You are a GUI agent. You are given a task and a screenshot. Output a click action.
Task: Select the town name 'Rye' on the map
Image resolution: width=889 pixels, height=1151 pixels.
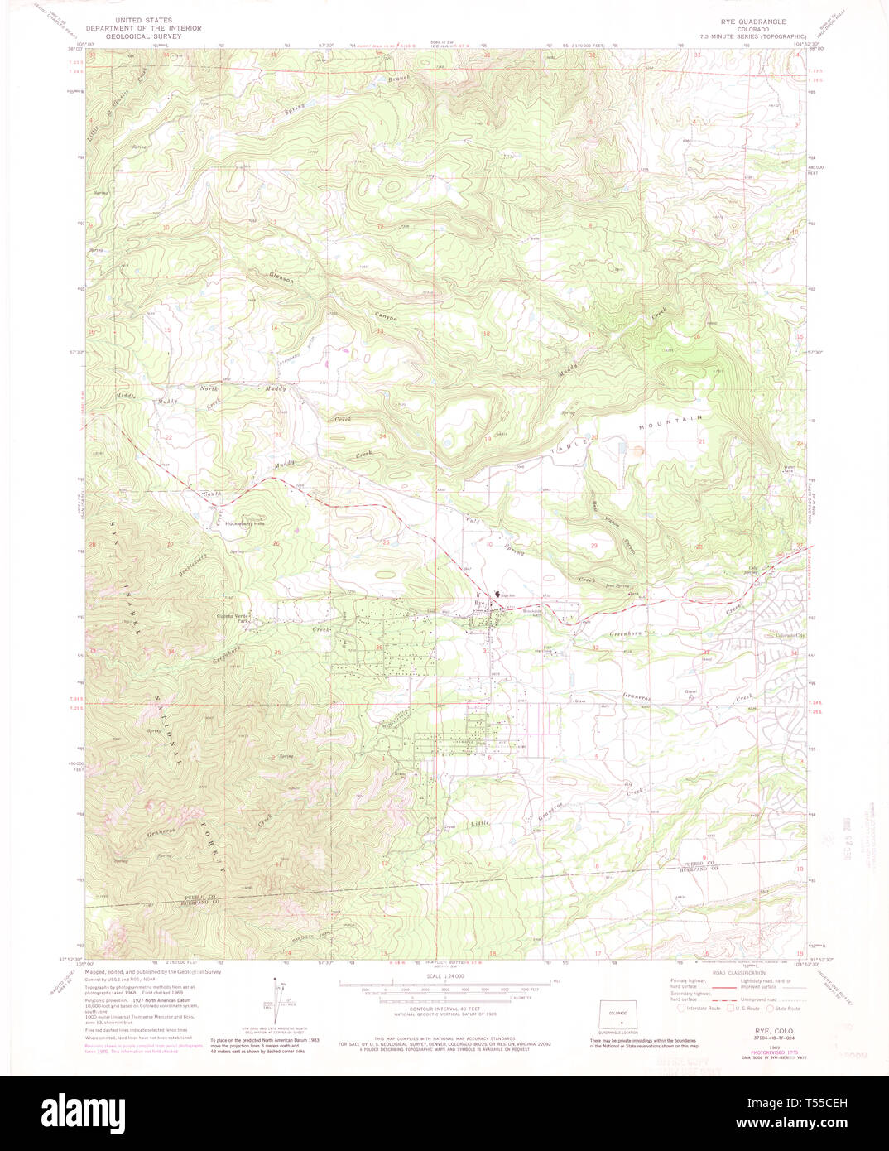click(478, 604)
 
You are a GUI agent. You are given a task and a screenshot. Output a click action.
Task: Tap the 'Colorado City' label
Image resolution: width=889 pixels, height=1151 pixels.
click(790, 635)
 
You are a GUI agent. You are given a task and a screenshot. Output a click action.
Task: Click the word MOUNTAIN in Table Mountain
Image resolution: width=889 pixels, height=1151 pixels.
click(670, 422)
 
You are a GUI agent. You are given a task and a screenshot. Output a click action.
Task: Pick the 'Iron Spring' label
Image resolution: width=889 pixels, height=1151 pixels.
click(617, 585)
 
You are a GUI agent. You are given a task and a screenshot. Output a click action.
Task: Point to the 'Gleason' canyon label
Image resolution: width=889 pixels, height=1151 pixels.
click(281, 279)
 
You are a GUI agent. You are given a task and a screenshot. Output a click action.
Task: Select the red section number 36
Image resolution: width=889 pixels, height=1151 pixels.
click(379, 648)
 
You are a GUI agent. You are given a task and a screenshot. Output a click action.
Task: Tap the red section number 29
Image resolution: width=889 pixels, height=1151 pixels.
click(593, 546)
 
